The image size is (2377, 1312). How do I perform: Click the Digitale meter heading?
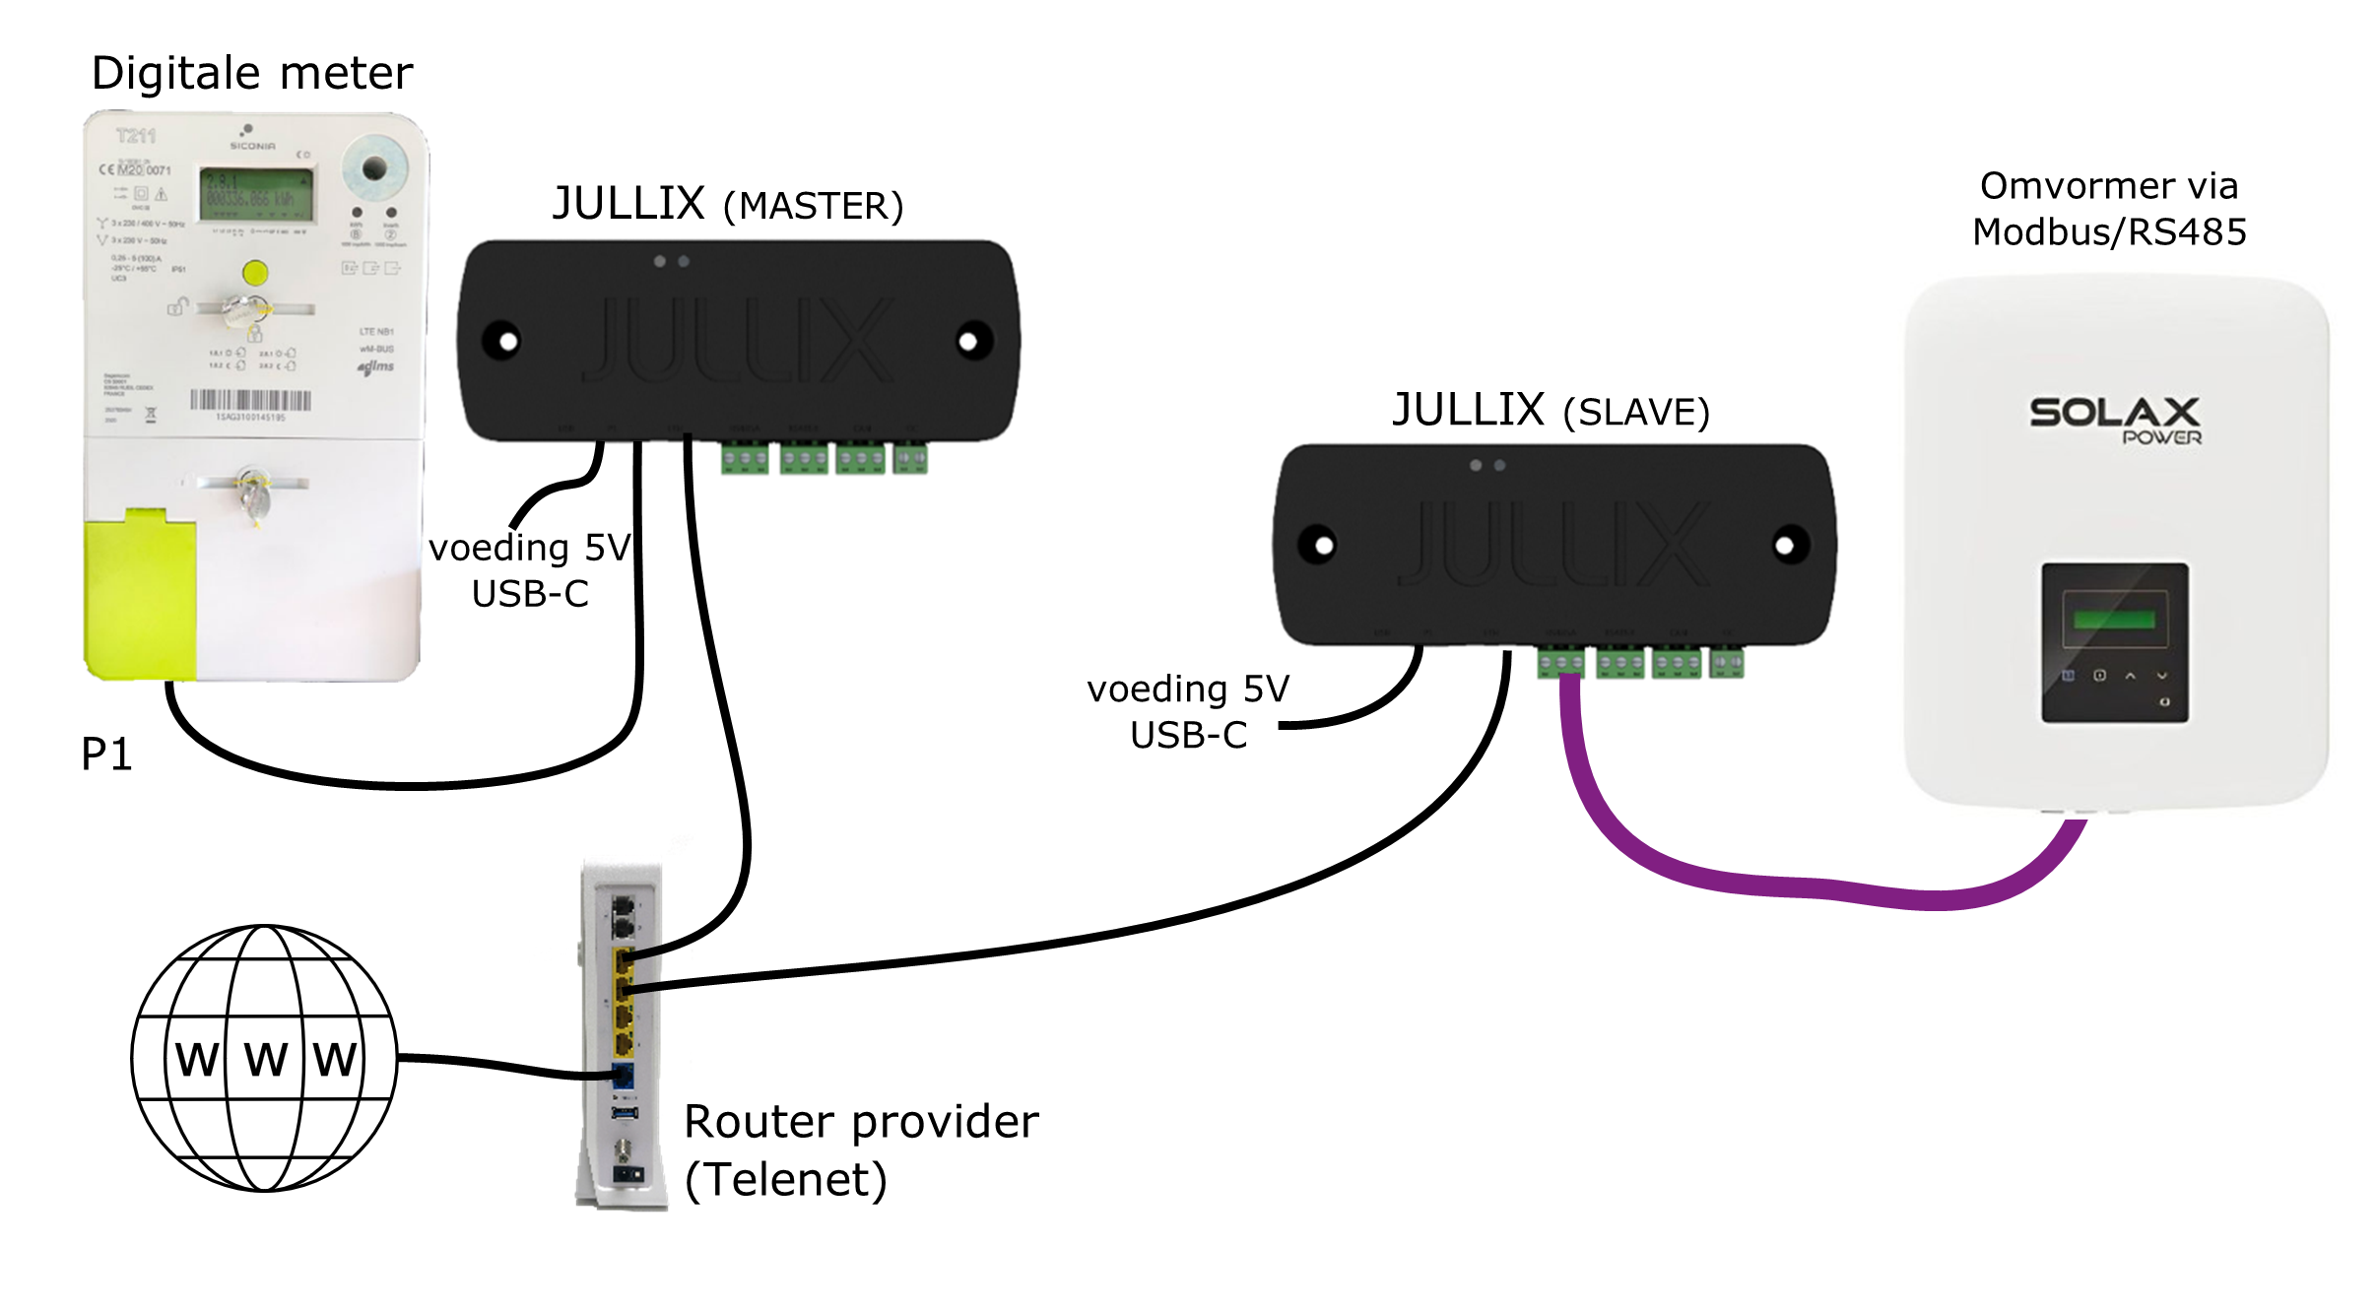(252, 74)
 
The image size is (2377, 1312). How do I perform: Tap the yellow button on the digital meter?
(255, 273)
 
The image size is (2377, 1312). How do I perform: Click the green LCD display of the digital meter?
(257, 194)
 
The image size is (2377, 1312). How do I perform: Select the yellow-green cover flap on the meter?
(140, 597)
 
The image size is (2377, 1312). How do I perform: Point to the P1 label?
(106, 754)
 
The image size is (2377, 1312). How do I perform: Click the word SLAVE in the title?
(1636, 413)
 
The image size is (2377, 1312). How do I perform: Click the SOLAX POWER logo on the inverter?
(2115, 420)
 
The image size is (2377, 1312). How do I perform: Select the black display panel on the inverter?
(2114, 643)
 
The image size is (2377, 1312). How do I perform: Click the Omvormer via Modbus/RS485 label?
(2109, 209)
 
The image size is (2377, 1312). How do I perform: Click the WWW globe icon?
(264, 1058)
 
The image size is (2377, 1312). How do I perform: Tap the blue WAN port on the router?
(623, 1076)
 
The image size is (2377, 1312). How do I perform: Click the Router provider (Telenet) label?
(861, 1150)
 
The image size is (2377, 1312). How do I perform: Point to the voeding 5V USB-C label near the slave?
(1188, 712)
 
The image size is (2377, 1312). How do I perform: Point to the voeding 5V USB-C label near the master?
(530, 570)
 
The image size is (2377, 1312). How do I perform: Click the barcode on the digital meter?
(250, 400)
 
